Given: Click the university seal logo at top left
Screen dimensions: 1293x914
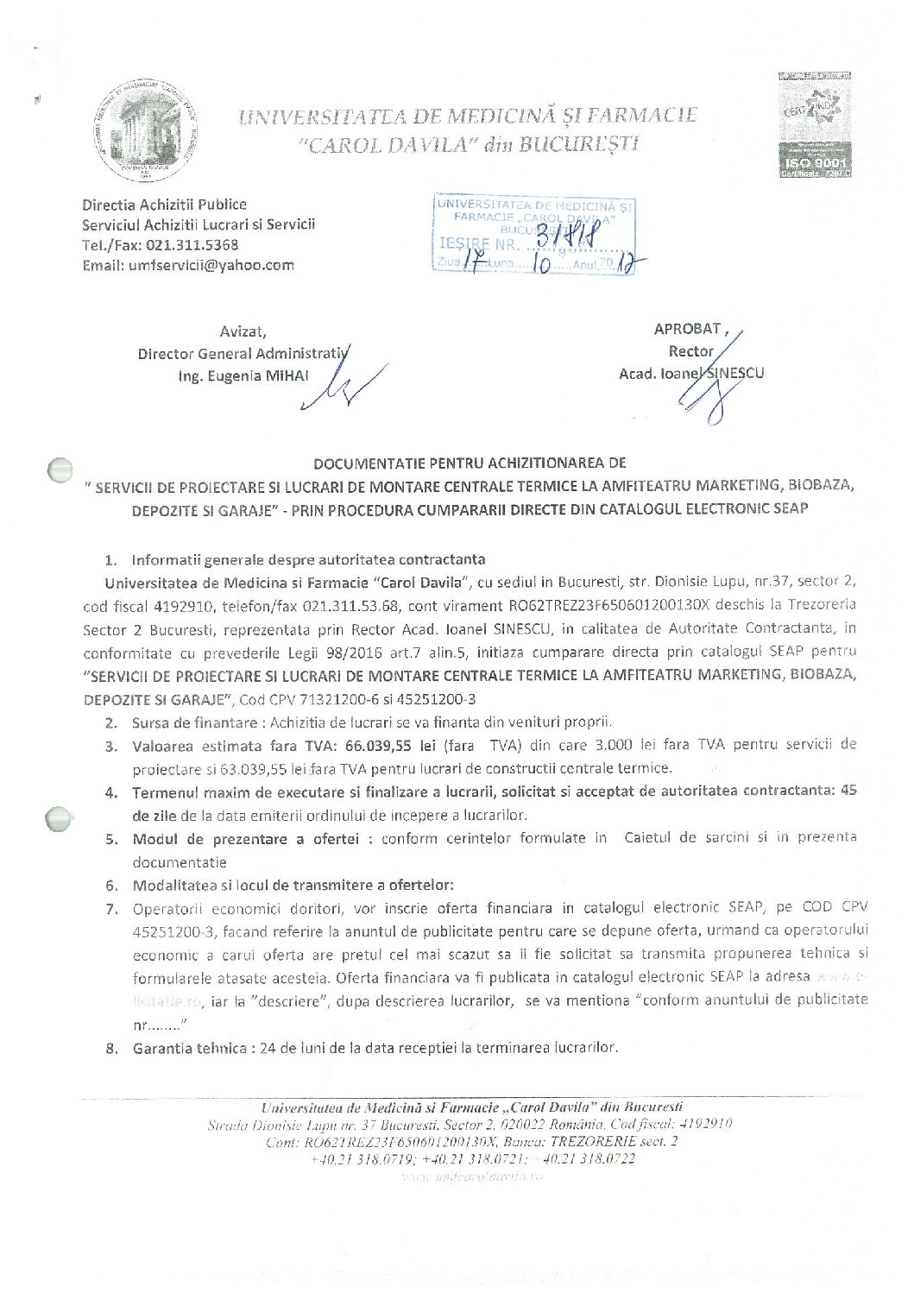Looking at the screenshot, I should [145, 129].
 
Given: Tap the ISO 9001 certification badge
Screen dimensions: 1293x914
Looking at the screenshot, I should [815, 125].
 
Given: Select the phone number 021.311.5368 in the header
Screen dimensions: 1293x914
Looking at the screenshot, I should [192, 245].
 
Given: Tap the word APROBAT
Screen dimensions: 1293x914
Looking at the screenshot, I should [687, 329].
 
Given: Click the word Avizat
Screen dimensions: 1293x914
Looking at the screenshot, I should [243, 331].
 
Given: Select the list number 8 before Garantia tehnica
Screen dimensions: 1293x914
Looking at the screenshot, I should [111, 1049].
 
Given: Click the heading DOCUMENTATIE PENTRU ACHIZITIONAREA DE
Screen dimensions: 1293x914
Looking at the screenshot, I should [470, 464].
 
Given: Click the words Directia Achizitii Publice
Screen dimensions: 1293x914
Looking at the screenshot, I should [164, 205].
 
